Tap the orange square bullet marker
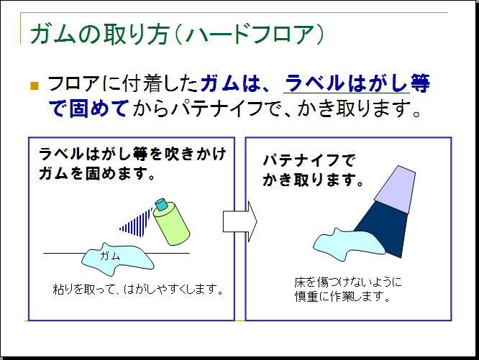pos(34,86)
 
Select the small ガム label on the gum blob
pos(109,256)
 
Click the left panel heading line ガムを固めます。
pos(98,173)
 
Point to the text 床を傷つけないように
pos(348,281)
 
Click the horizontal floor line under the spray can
pos(65,254)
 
